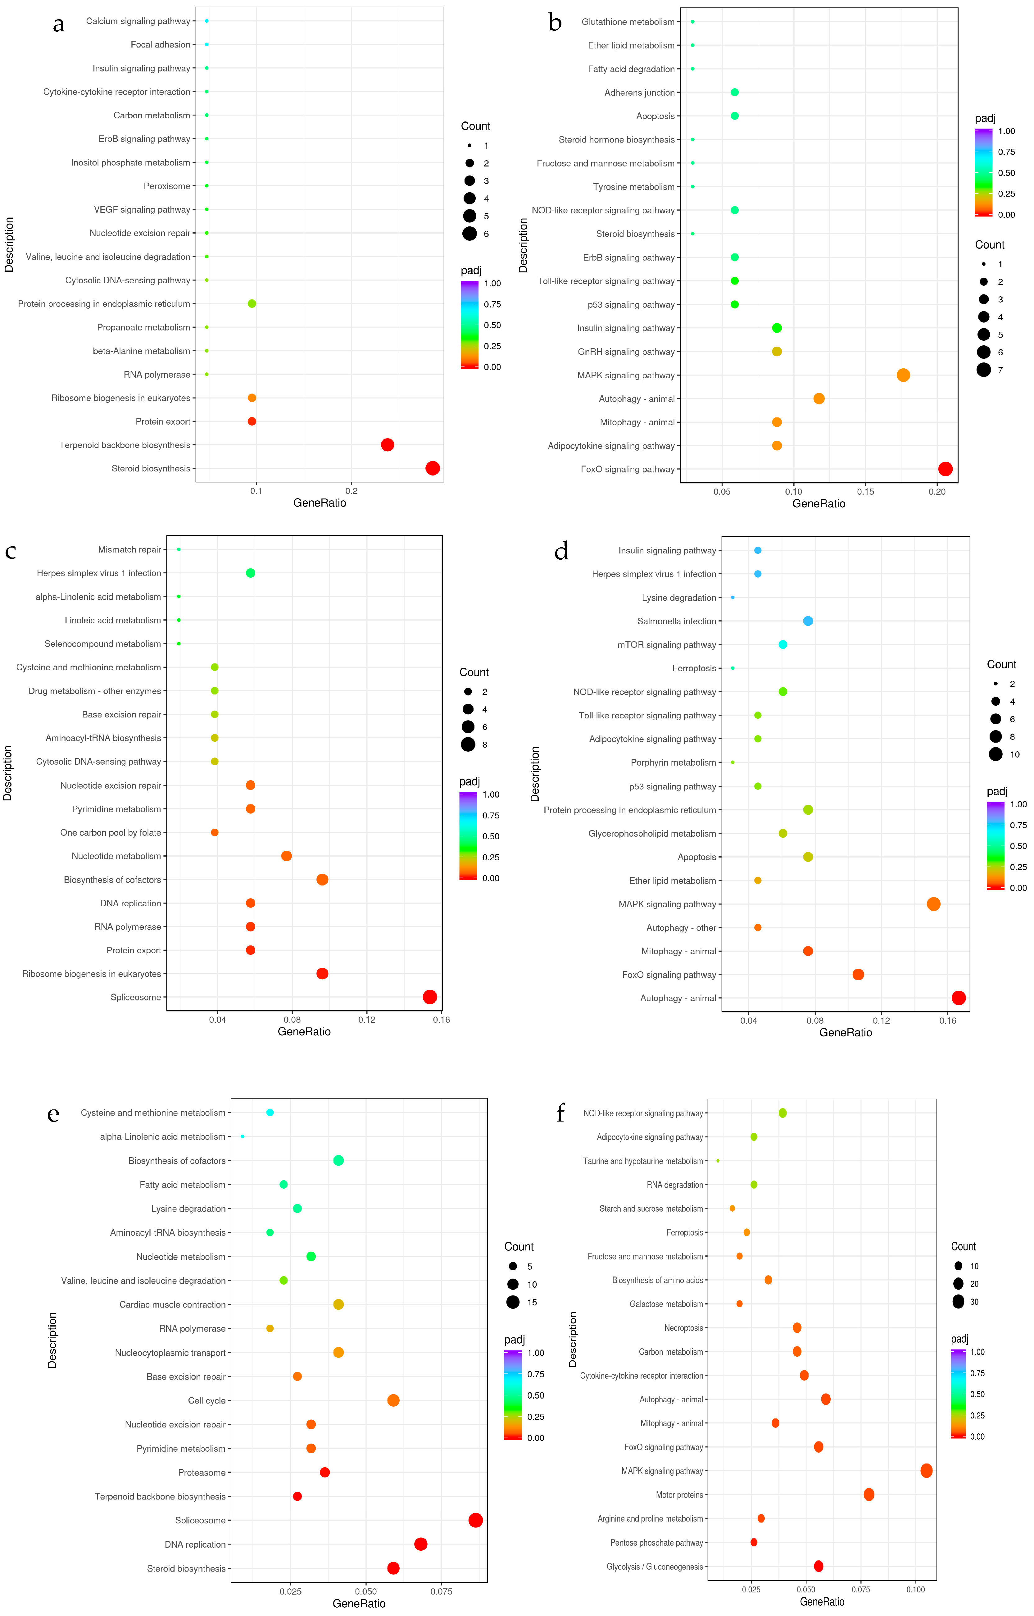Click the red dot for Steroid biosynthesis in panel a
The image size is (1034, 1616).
(x=433, y=468)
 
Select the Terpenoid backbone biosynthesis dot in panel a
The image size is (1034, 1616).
(x=388, y=445)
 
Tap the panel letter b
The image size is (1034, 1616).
(x=555, y=23)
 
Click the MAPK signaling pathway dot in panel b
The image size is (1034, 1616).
(x=903, y=375)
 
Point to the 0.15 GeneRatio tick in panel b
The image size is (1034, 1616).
(x=865, y=492)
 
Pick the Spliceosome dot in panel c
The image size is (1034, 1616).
(x=430, y=997)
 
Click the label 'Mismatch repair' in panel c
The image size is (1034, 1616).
(x=129, y=549)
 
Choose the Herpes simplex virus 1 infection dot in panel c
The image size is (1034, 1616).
(x=251, y=573)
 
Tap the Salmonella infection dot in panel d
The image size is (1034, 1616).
(x=808, y=621)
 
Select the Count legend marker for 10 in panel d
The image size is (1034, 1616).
(x=995, y=754)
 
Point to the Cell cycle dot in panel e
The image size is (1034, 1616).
(x=393, y=1400)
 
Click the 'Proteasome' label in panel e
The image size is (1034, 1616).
(x=202, y=1472)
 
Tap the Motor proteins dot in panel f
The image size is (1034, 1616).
(x=869, y=1495)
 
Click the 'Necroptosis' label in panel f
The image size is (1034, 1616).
(x=683, y=1328)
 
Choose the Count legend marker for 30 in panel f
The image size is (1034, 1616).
(x=958, y=1302)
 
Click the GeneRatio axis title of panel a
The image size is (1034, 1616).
(x=320, y=503)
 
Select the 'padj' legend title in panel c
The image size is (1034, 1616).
(x=469, y=781)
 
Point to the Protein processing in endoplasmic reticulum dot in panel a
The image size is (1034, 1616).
(x=252, y=303)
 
